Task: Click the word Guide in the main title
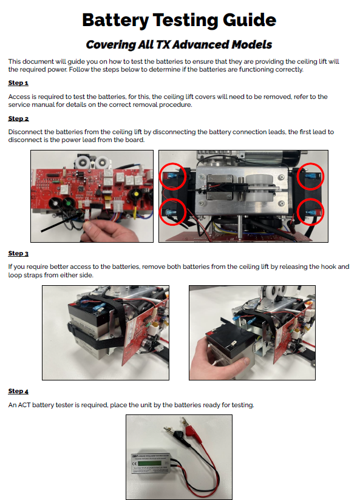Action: (250, 20)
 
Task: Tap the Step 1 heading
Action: (18, 83)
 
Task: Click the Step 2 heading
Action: (18, 118)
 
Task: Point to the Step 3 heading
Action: (18, 254)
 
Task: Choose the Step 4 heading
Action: (18, 391)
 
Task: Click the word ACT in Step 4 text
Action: (24, 405)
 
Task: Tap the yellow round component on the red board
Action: (137, 194)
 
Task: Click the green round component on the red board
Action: (67, 203)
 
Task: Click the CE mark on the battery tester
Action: (135, 464)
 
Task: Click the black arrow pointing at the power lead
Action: (61, 221)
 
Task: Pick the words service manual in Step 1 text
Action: (32, 104)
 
